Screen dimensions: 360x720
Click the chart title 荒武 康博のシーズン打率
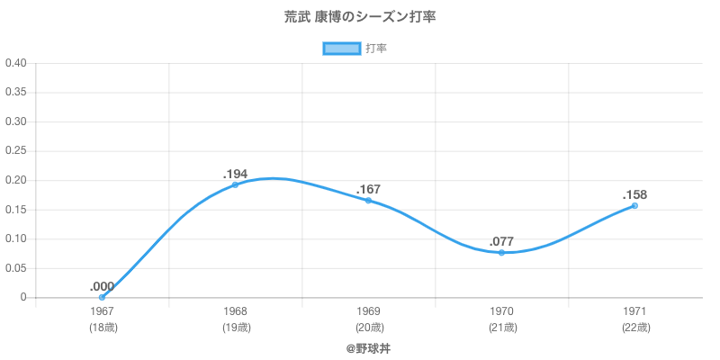point(359,17)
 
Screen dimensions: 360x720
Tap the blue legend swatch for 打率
point(341,49)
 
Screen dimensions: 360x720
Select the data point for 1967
point(102,297)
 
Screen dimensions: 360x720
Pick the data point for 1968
point(235,184)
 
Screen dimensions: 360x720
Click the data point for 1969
point(368,200)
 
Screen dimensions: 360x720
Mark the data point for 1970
point(501,252)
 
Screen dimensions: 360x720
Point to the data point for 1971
point(634,205)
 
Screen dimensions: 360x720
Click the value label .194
point(235,174)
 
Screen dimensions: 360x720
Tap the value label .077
point(501,241)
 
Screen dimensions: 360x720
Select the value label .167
point(368,189)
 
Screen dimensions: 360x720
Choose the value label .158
point(634,194)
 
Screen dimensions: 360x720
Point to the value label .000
point(102,286)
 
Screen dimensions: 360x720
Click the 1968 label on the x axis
point(236,311)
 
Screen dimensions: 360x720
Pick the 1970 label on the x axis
point(502,311)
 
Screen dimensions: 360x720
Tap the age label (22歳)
point(635,328)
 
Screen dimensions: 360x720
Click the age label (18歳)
point(103,328)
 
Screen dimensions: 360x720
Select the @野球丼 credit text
point(368,347)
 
